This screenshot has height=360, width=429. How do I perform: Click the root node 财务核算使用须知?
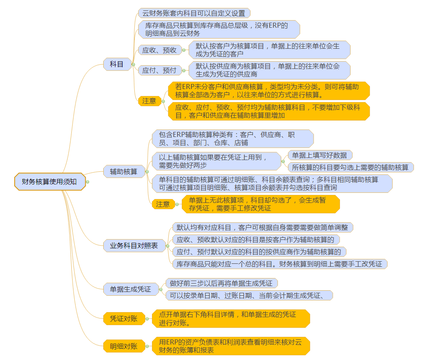(x=50, y=181)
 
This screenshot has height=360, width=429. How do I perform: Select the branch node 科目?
(x=117, y=64)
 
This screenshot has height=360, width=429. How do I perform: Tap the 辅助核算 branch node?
(x=123, y=171)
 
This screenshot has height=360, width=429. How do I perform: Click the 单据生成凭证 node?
(x=130, y=289)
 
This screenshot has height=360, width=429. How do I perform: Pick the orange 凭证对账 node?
(x=123, y=318)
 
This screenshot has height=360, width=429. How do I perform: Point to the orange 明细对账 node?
(x=123, y=346)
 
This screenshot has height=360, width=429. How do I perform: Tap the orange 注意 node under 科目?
(x=149, y=101)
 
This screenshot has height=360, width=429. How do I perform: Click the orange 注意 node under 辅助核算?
(x=163, y=204)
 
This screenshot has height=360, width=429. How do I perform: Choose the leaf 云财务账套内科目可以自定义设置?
(x=194, y=13)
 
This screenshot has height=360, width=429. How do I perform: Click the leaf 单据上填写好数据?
(x=319, y=155)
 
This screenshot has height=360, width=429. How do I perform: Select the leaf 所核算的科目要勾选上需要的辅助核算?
(x=350, y=167)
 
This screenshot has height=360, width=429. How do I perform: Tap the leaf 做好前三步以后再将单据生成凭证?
(x=221, y=284)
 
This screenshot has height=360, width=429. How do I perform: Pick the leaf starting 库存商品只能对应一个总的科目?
(x=279, y=264)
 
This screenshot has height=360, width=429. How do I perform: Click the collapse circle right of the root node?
(x=88, y=182)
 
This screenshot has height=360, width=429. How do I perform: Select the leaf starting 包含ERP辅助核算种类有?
(x=233, y=139)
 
